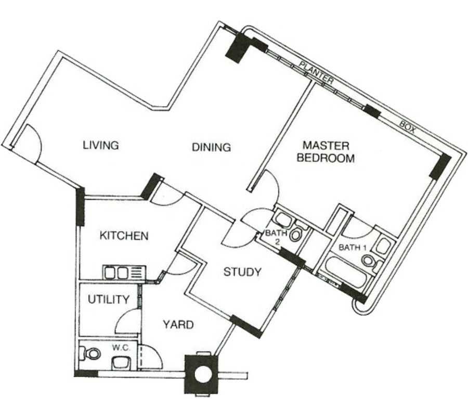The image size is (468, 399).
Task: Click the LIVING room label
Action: (101, 146)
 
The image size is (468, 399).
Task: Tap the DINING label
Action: (211, 147)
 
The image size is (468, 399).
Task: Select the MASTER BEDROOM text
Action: (326, 152)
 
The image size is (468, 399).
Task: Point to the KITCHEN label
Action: (124, 236)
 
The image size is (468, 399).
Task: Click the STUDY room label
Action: (242, 272)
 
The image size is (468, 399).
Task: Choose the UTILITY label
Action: (109, 299)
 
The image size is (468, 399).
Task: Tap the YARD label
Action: (178, 325)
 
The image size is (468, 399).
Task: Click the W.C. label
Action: (121, 347)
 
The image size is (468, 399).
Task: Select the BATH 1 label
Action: (353, 247)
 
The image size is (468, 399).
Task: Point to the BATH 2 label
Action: (276, 237)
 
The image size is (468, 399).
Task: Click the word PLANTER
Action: (316, 73)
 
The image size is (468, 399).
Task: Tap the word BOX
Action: (407, 126)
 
